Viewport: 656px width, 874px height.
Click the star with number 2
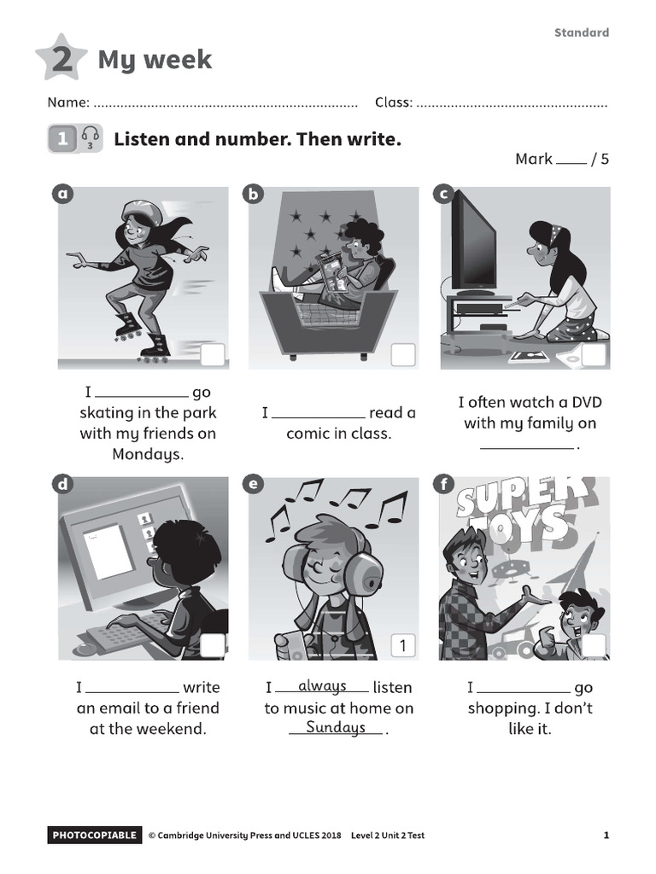click(x=61, y=57)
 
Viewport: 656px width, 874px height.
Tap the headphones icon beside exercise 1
click(x=90, y=137)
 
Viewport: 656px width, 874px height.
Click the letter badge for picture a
click(x=62, y=194)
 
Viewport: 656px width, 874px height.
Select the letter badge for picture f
click(x=444, y=485)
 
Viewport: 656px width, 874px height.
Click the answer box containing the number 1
click(x=403, y=645)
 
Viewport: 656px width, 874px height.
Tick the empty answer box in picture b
click(x=403, y=355)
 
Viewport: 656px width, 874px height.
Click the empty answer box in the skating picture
click(x=212, y=355)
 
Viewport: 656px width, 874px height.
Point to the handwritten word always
click(x=322, y=685)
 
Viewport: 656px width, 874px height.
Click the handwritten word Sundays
click(x=335, y=727)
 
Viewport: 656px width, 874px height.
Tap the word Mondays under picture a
click(x=148, y=454)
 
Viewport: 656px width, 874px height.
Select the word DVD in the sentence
click(x=586, y=402)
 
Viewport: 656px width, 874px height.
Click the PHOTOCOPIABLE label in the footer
click(x=94, y=835)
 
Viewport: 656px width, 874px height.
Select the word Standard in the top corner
click(x=581, y=32)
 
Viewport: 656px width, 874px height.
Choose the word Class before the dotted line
click(x=393, y=102)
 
